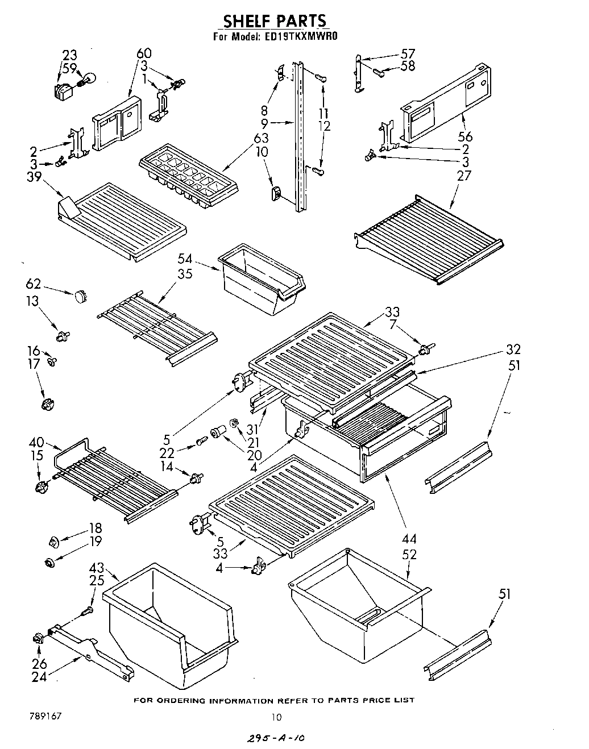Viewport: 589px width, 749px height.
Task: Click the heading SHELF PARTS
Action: pos(275,22)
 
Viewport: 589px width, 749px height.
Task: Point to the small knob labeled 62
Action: pos(80,296)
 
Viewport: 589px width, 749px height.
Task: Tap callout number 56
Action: pos(465,136)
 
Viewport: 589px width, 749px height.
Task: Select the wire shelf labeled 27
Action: pos(429,239)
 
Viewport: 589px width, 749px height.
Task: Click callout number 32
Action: pos(513,349)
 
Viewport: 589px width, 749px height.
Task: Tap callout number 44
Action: pos(409,538)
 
